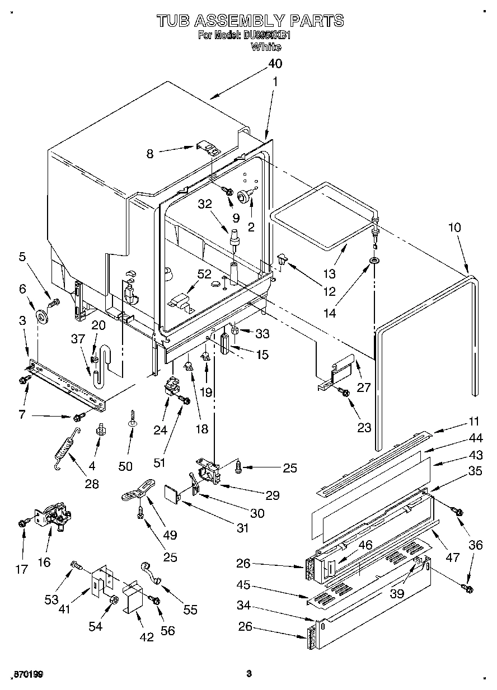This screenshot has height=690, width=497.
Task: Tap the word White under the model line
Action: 266,47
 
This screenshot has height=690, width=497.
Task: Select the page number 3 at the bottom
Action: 250,674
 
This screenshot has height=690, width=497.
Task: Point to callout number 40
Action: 275,63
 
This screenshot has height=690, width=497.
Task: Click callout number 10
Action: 454,228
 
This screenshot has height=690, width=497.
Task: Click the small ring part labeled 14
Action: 373,261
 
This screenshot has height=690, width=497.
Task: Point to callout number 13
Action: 329,273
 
